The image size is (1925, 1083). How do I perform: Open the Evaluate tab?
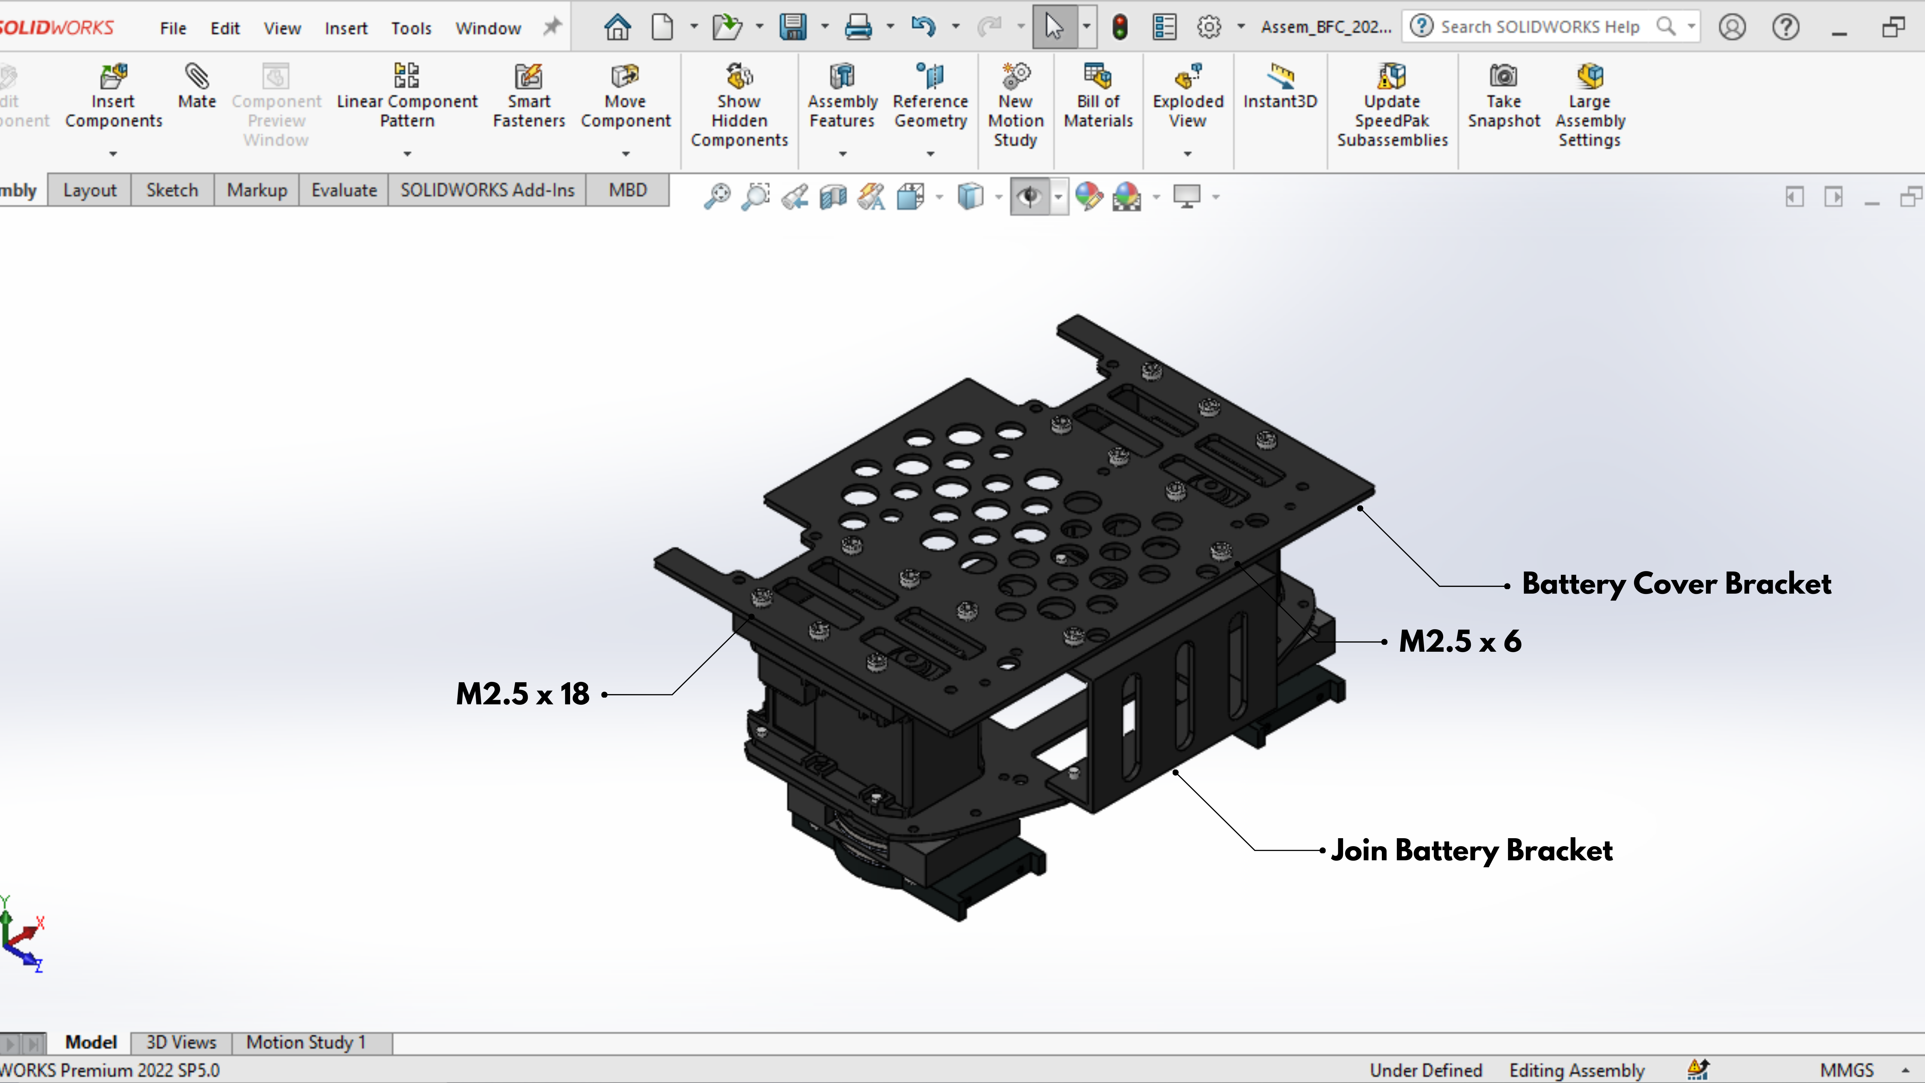click(x=344, y=190)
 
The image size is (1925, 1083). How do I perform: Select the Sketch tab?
click(x=172, y=190)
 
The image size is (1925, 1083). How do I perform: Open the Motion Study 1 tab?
click(x=306, y=1042)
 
